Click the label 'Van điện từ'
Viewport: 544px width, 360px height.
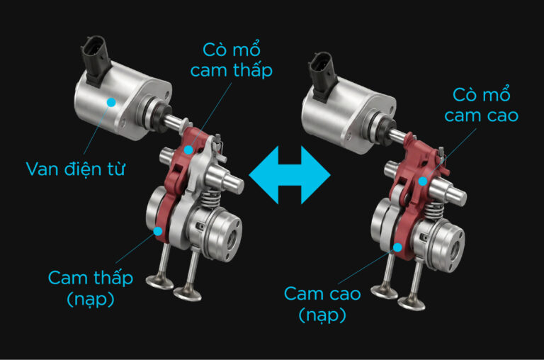(75, 169)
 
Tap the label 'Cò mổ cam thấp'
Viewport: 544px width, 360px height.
(232, 60)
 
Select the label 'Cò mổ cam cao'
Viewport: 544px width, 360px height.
(482, 105)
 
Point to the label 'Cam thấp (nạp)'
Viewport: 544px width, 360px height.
(91, 288)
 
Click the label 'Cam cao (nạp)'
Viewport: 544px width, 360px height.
(323, 304)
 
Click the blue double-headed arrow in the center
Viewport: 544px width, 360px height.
(290, 175)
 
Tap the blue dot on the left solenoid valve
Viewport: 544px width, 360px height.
(111, 102)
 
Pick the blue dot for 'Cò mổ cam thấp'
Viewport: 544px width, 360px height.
(188, 150)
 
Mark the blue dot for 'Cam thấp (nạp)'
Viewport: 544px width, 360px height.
(158, 231)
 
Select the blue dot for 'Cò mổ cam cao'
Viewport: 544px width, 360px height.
(423, 181)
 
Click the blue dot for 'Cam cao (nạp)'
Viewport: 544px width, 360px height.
(397, 247)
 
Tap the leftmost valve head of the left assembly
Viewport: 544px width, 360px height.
(159, 281)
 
